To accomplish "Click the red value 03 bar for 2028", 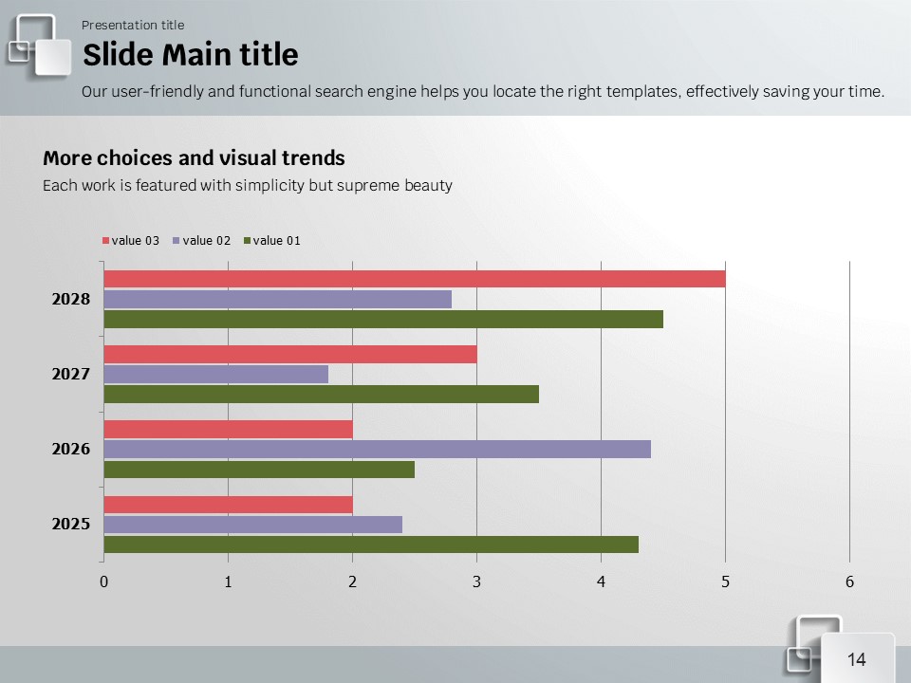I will pyautogui.click(x=414, y=279).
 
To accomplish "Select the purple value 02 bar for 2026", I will pyautogui.click(x=377, y=449).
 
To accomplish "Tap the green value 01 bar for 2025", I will pyautogui.click(x=370, y=545).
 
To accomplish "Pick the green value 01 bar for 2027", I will pyautogui.click(x=321, y=394).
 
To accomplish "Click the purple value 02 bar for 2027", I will pyautogui.click(x=215, y=374).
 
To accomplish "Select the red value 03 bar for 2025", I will pyautogui.click(x=228, y=505).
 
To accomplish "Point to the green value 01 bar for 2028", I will pyautogui.click(x=382, y=319).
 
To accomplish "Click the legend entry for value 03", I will pyautogui.click(x=131, y=241).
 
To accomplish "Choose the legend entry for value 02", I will pyautogui.click(x=202, y=241).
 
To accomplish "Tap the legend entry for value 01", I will pyautogui.click(x=272, y=241).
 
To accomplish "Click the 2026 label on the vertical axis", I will pyautogui.click(x=71, y=449).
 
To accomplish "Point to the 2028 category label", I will pyautogui.click(x=71, y=299).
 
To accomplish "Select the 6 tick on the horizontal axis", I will pyautogui.click(x=849, y=582).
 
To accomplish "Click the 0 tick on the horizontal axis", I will pyautogui.click(x=103, y=582).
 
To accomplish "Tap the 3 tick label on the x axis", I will pyautogui.click(x=476, y=582).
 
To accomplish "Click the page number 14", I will pyautogui.click(x=857, y=660).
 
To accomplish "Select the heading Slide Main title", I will pyautogui.click(x=190, y=55).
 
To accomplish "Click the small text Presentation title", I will pyautogui.click(x=133, y=25).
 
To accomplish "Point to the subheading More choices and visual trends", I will pyautogui.click(x=194, y=158).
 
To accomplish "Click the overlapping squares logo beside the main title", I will pyautogui.click(x=40, y=45).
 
